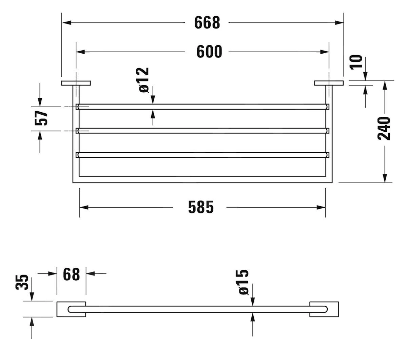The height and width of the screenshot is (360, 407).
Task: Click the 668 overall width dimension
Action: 207,22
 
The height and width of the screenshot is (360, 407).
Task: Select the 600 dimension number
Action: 209,52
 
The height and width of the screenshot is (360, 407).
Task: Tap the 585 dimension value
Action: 201,207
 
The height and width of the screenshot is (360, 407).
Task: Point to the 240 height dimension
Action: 384,128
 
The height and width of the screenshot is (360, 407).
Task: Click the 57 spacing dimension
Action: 41,118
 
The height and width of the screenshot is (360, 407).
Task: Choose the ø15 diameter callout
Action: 244,282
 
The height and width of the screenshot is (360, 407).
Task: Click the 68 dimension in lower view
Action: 71,274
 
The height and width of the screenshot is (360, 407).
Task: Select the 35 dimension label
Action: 22,282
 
